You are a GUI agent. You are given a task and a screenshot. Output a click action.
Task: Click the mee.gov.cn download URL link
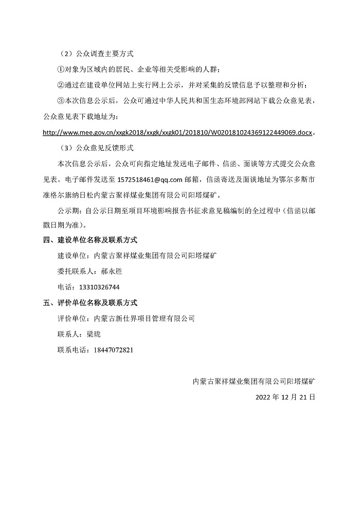pos(177,132)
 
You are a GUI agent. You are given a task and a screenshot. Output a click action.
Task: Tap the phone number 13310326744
pos(100,287)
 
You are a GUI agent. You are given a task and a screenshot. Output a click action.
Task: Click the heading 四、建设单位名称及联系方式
pos(90,240)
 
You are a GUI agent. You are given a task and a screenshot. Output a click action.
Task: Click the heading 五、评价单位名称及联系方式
pos(90,303)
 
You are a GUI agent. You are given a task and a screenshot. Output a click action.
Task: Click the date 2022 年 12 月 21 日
pos(284,397)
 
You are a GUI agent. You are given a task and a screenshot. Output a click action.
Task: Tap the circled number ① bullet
pos(61,69)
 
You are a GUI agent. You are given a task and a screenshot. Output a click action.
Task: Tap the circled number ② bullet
pos(61,85)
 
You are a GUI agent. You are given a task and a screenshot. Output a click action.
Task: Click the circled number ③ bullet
pos(61,100)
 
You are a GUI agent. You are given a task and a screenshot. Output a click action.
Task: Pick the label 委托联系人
pos(74,271)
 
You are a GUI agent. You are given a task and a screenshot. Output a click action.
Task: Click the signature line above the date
pos(254,381)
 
